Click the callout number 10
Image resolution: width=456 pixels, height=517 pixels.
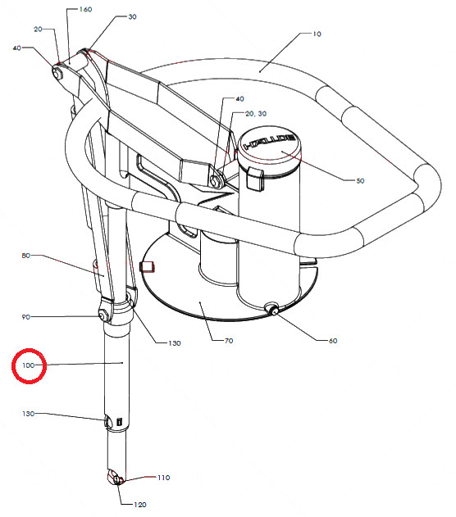click(x=317, y=34)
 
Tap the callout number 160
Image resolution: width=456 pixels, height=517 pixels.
click(x=85, y=9)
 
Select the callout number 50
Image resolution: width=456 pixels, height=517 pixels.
click(x=360, y=181)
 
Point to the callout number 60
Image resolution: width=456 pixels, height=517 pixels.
click(x=333, y=341)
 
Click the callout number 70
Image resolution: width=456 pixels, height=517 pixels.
click(x=229, y=341)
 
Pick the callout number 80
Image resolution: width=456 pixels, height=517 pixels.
click(x=25, y=256)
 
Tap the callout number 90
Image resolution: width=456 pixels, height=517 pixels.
click(x=25, y=317)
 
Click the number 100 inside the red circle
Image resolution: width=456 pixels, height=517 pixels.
click(x=29, y=365)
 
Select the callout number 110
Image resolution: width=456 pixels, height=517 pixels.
click(x=164, y=478)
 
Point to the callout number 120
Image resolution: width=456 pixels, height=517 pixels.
click(x=140, y=505)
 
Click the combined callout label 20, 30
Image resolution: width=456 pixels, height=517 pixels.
click(x=256, y=114)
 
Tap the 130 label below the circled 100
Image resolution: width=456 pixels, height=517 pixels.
click(x=29, y=414)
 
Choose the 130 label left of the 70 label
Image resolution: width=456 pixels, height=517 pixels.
click(x=175, y=343)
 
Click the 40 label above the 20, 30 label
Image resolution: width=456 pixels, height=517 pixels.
click(x=239, y=99)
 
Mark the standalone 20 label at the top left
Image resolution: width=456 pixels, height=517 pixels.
click(x=38, y=29)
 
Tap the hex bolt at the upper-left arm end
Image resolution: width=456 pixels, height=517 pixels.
click(x=57, y=73)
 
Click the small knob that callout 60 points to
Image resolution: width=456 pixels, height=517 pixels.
click(x=273, y=309)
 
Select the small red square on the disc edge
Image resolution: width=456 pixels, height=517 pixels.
click(x=147, y=266)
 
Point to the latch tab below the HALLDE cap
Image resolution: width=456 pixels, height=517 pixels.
click(x=255, y=179)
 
